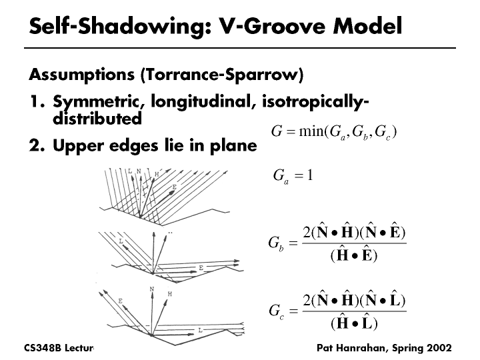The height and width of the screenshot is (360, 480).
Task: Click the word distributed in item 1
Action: tap(97, 119)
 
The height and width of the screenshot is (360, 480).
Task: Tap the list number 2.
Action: tap(35, 145)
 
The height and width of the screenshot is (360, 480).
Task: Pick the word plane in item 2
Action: tap(234, 145)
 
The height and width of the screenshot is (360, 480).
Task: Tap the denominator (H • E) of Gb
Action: tap(354, 256)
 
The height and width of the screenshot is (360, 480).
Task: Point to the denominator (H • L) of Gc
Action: tap(354, 324)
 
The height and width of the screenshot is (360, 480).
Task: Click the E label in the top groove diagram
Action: tap(174, 187)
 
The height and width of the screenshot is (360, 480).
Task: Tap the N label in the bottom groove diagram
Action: tap(152, 289)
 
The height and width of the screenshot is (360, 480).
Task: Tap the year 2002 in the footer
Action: tap(438, 348)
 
